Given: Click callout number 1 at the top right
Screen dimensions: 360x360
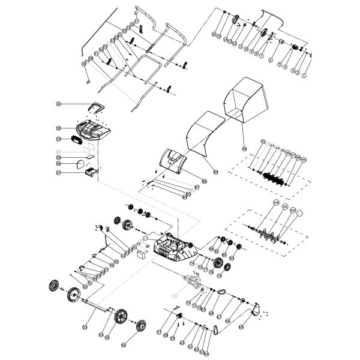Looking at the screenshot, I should point(304,76).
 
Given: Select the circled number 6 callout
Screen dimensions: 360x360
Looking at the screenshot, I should point(271,61).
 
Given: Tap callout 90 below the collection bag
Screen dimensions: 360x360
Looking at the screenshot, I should point(244,148).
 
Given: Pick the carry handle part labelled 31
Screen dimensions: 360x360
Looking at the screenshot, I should point(95,107).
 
